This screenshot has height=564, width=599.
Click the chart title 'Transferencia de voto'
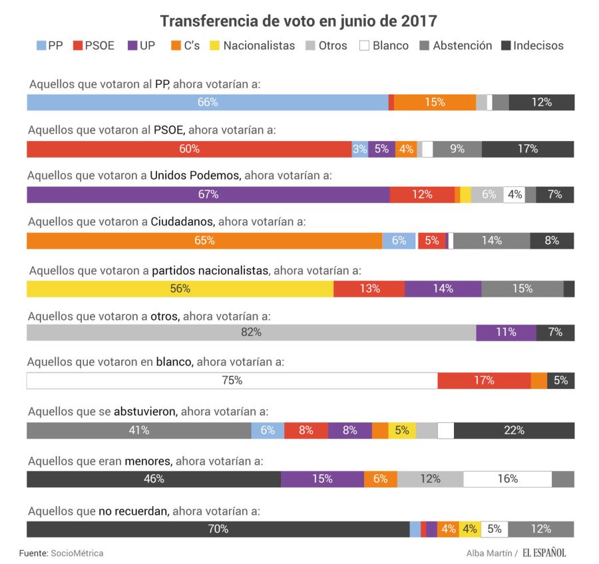(x=298, y=21)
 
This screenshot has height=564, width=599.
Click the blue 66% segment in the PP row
(x=207, y=102)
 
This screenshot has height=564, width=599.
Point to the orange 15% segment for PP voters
(x=435, y=102)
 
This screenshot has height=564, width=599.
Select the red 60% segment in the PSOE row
(x=189, y=149)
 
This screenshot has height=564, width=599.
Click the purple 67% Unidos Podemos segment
(x=208, y=195)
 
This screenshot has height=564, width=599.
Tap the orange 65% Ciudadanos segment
(x=204, y=241)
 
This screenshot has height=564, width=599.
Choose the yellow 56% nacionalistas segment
(x=180, y=289)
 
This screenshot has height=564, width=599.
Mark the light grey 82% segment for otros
(x=251, y=333)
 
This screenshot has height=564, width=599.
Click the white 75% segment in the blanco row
(x=232, y=380)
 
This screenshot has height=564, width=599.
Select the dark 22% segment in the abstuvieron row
(x=514, y=430)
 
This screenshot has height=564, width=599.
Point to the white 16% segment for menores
(x=507, y=479)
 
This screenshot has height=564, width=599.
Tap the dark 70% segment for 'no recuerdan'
(x=218, y=529)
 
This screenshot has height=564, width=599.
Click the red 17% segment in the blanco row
(x=484, y=380)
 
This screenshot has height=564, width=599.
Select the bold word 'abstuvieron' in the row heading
(x=145, y=412)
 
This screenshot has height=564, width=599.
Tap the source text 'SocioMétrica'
(x=77, y=553)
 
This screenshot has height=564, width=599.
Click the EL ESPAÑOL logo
(x=544, y=553)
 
